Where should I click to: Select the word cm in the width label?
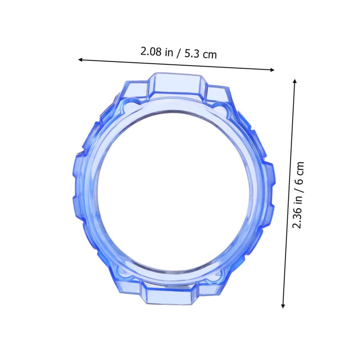pos(210,55)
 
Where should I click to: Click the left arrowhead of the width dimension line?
pos(81,60)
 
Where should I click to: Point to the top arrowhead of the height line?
pos(295,81)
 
